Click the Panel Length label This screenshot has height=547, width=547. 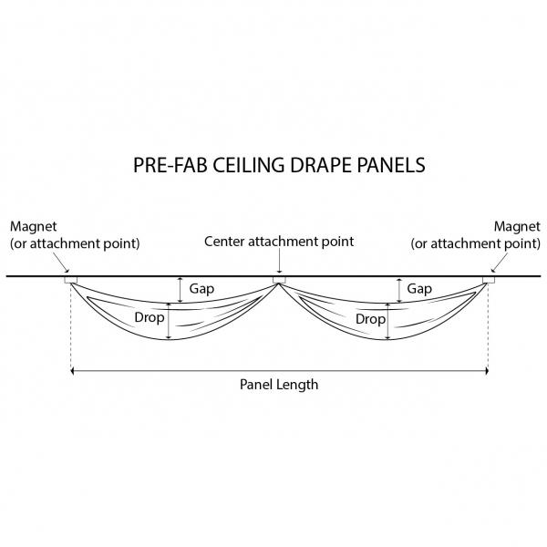pos(279,385)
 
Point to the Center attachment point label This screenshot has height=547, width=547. pos(278,242)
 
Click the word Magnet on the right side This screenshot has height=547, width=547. pos(517,225)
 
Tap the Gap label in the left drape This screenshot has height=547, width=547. pos(202,289)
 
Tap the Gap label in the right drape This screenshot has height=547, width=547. pos(419,289)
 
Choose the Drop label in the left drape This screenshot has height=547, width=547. pos(149,320)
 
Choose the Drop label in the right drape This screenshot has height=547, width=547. pos(370,320)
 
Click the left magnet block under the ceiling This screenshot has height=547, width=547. pos(70,279)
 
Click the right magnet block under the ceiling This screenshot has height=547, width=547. pos(489,279)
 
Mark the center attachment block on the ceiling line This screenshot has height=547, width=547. pos(279,279)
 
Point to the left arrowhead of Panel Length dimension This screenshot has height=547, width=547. pos(74,371)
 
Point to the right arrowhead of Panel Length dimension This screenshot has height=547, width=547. pos(486,371)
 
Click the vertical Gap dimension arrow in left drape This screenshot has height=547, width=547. pos(181,289)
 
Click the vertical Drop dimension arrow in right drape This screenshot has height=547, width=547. pos(389,320)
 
